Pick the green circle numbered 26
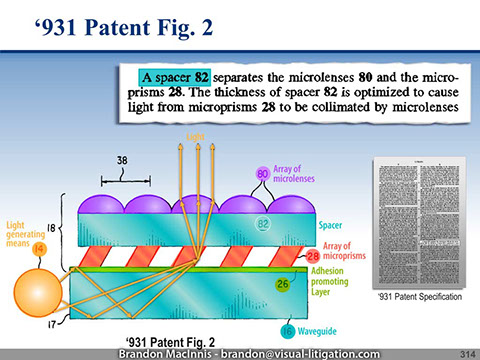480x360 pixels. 283,286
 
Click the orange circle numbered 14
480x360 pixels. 39,249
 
